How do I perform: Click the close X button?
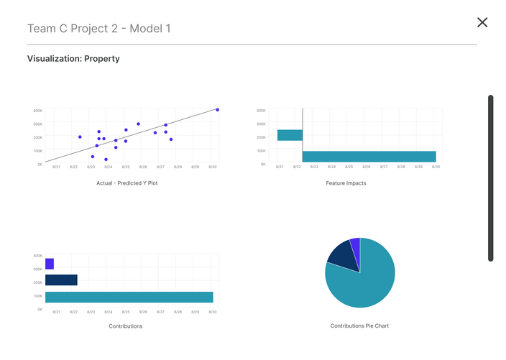[x=482, y=22]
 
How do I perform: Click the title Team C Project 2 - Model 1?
[x=98, y=29]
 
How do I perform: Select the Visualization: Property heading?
[x=73, y=59]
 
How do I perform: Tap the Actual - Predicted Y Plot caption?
[x=127, y=183]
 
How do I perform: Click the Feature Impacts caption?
[x=346, y=183]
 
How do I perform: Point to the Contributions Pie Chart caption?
[x=359, y=326]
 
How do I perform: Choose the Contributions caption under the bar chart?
[x=125, y=326]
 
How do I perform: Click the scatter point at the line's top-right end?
[x=217, y=110]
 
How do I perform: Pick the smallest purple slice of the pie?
[x=355, y=246]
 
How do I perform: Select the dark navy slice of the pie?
[x=341, y=255]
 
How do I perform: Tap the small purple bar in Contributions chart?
[x=50, y=264]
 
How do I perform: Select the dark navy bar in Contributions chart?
[x=61, y=280]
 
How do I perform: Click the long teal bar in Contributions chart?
[x=129, y=297]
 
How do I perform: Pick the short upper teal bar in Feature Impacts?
[x=290, y=135]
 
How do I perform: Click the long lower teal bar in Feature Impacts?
[x=369, y=157]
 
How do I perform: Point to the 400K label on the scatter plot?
[x=37, y=111]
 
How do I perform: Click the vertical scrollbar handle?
[x=491, y=177]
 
